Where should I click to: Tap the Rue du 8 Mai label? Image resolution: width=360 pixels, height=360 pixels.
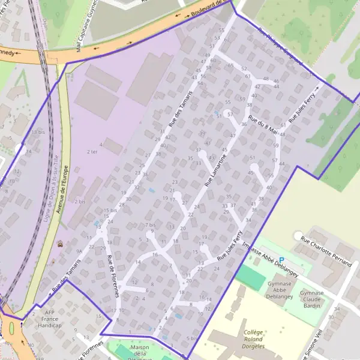(x=263, y=125)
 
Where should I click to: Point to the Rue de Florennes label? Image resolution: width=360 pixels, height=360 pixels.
(x=112, y=277)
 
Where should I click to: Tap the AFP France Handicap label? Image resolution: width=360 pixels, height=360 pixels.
(x=49, y=319)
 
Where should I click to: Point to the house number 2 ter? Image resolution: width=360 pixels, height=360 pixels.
(x=92, y=152)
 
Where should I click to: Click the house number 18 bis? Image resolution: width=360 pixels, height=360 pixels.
(x=38, y=131)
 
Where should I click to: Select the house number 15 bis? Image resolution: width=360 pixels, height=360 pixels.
(x=110, y=211)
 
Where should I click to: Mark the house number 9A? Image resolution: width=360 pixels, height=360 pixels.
(x=79, y=251)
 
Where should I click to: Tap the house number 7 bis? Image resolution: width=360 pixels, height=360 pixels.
(x=150, y=225)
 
